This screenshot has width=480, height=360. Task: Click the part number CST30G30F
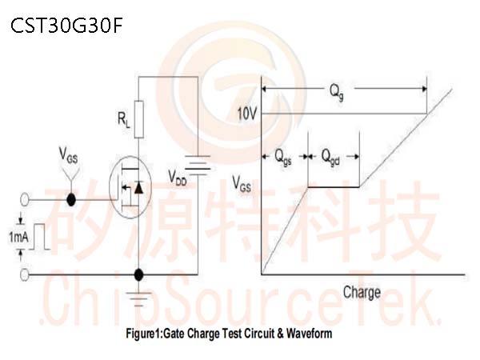66,26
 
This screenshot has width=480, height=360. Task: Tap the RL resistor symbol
139,119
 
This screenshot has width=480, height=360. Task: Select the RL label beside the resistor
124,120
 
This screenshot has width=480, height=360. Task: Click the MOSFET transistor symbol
130,187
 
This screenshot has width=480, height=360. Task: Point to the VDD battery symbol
198,165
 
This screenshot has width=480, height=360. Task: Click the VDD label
178,178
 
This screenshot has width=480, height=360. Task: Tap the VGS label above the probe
68,155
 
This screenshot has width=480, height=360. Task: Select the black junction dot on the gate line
71,199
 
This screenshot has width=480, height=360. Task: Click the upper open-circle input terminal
25,199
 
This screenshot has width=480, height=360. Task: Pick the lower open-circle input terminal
25,274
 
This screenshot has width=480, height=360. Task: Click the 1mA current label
18,237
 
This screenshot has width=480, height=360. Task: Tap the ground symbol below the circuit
138,298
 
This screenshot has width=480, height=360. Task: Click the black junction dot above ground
138,275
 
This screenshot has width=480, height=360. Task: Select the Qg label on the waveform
337,92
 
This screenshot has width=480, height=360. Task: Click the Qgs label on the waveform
283,158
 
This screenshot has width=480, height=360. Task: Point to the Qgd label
330,158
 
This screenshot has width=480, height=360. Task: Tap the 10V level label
247,114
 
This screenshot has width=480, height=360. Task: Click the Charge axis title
362,292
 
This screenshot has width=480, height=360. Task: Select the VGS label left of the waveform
242,184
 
